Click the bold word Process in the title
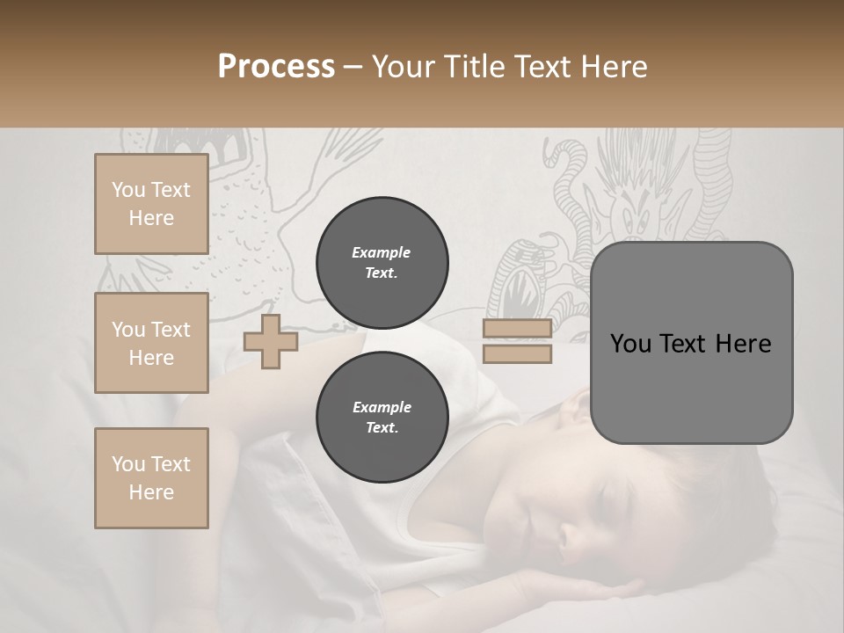(276, 67)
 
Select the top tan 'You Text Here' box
(151, 204)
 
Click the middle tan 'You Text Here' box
(151, 343)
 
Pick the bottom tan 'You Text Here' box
(151, 478)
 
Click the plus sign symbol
(270, 342)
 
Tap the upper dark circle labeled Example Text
(382, 263)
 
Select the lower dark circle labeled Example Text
(382, 418)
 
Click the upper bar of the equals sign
(517, 329)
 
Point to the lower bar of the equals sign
(517, 353)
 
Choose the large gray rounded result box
(691, 343)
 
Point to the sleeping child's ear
(576, 406)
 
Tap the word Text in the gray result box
(690, 344)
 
